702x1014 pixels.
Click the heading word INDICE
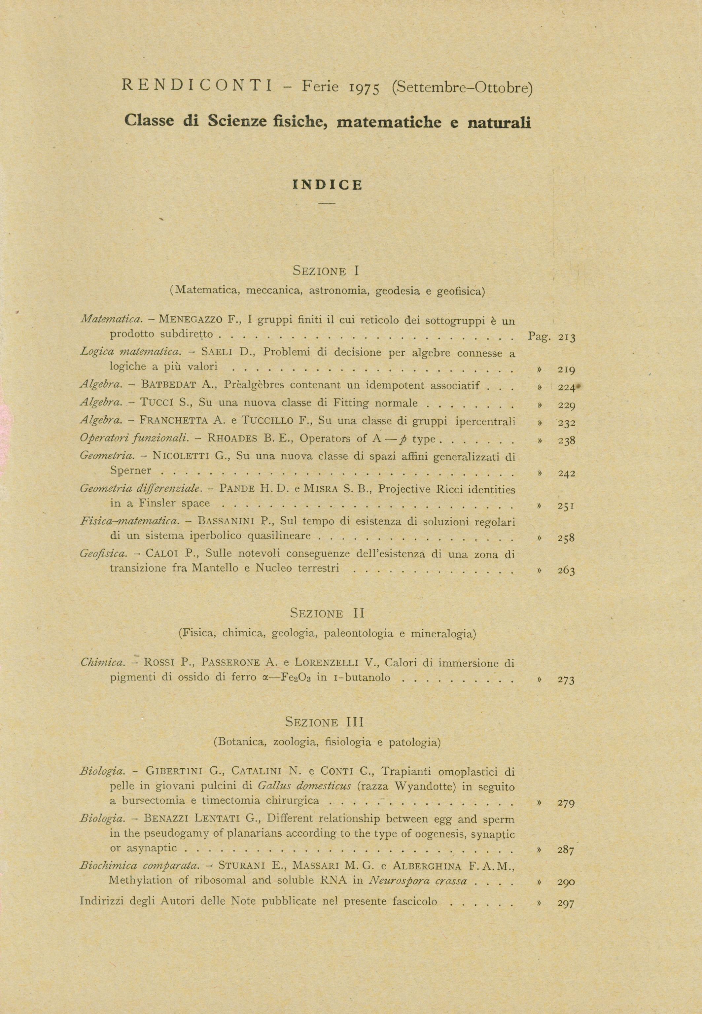[x=327, y=185]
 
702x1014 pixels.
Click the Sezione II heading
[x=327, y=613]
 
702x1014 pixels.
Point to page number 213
[x=567, y=337]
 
